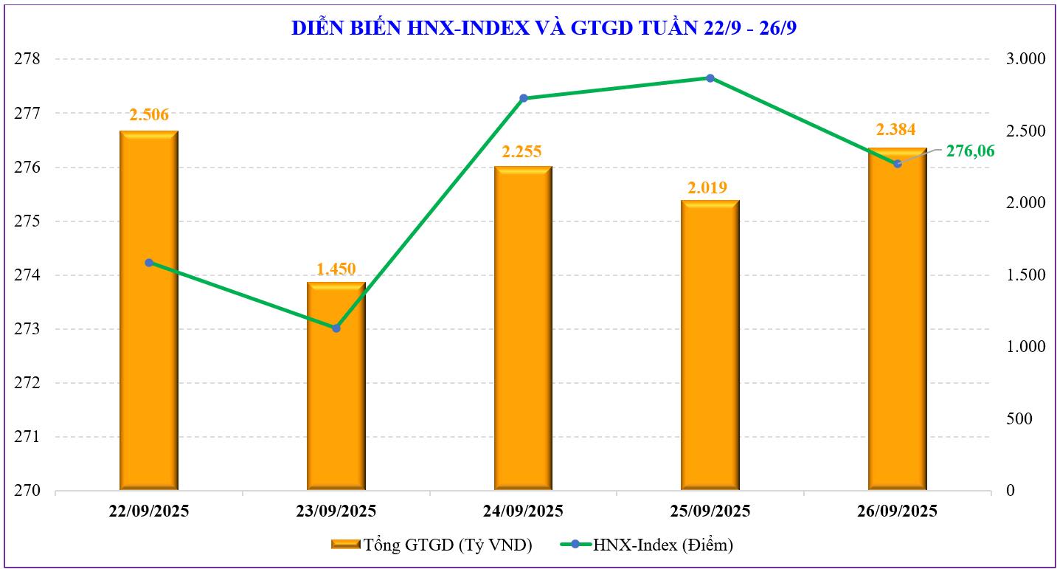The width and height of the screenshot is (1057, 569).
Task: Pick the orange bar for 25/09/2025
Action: (x=710, y=347)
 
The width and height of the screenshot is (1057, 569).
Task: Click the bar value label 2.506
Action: (x=149, y=114)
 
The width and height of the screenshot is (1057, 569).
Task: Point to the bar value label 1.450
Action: (x=336, y=269)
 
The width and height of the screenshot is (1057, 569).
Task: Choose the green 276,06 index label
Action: (x=970, y=151)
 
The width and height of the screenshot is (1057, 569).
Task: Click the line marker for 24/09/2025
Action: (x=524, y=98)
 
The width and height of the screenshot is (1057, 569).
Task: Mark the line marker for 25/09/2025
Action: (x=710, y=78)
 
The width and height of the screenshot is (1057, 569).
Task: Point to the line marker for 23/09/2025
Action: (x=336, y=328)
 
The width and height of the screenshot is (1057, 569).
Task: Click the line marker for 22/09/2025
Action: (x=149, y=263)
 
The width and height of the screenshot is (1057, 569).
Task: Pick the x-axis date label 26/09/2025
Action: (x=898, y=511)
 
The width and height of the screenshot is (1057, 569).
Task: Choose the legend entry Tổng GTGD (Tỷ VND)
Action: (x=432, y=545)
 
